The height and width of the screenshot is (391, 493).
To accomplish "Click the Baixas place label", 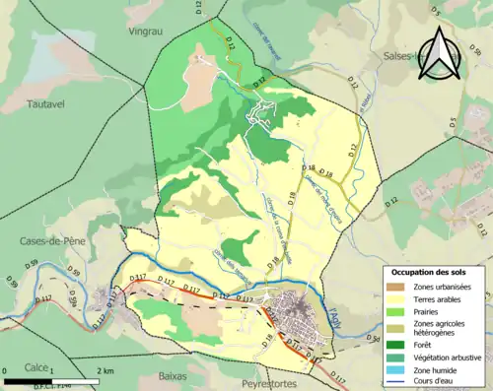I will [174, 376].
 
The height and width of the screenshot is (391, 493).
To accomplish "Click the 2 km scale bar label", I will [105, 370].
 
